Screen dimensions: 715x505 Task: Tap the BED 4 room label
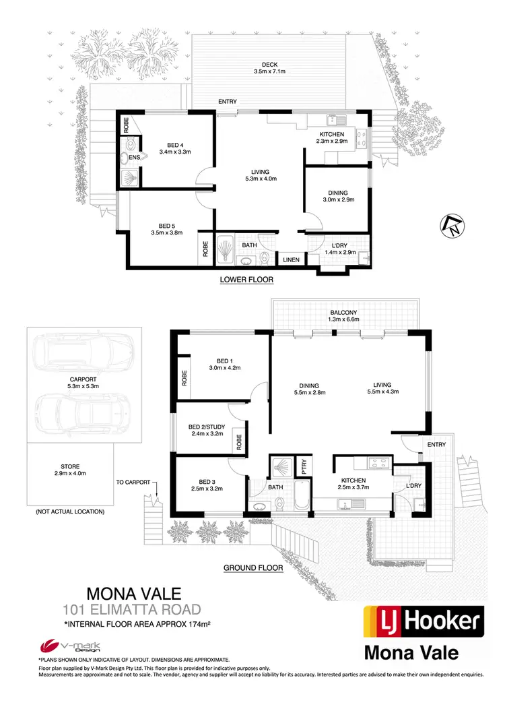[175, 144]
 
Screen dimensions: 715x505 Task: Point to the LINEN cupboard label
[291, 259]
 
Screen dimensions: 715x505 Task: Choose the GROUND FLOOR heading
[252, 568]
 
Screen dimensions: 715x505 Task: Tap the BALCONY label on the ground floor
[343, 313]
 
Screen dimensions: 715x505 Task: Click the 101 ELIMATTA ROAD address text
[131, 611]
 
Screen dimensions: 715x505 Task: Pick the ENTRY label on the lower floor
[227, 102]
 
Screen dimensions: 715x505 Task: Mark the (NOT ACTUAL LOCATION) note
[71, 512]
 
